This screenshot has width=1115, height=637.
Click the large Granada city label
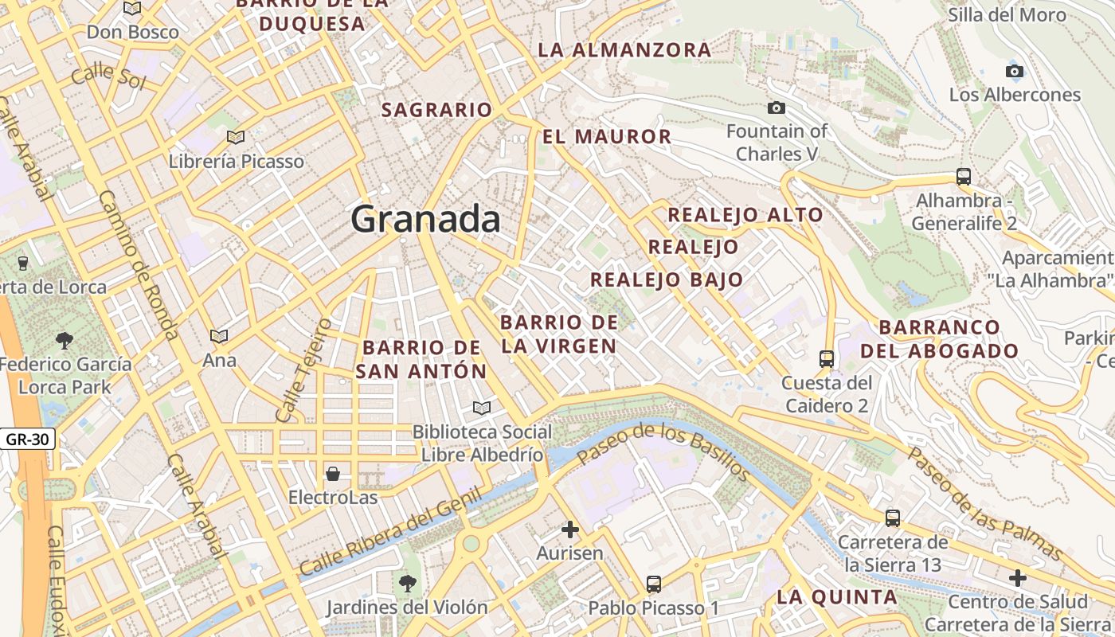pos(425,219)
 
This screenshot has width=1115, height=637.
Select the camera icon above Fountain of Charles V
pos(776,107)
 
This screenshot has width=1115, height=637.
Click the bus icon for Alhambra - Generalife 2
pos(964,177)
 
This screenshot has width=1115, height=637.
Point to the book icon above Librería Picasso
pos(235,137)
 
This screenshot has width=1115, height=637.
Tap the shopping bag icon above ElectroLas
pos(333,474)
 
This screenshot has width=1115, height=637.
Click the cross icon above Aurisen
pos(569,529)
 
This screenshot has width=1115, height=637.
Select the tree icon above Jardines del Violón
pos(407,583)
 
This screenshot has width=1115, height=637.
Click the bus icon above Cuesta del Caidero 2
pos(827,359)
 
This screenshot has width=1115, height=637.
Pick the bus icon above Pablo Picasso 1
pos(654,584)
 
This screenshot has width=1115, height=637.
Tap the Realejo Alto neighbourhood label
pos(745,215)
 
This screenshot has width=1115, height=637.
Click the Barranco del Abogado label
pos(940,339)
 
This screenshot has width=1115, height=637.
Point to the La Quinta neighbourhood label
pos(837,597)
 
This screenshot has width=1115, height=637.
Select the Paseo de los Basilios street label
pos(663,452)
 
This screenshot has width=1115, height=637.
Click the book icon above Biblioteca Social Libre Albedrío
pos(481,408)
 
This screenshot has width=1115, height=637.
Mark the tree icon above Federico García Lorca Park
pos(65,341)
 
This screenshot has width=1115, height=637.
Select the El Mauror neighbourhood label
pos(607,137)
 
